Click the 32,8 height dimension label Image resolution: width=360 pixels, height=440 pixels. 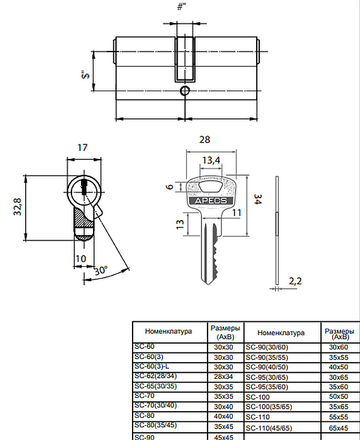pyautogui.click(x=18, y=207)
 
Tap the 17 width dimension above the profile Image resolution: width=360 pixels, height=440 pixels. pyautogui.click(x=83, y=147)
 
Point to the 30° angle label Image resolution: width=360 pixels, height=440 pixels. pyautogui.click(x=100, y=270)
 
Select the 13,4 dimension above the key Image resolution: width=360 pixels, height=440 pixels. pyautogui.click(x=211, y=160)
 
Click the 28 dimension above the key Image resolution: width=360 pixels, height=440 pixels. pyautogui.click(x=204, y=140)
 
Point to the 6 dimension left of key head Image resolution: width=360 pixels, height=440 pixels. pyautogui.click(x=170, y=187)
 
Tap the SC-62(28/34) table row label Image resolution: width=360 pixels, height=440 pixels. pyautogui.click(x=154, y=376)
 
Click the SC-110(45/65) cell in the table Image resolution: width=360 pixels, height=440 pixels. pyautogui.click(x=268, y=428)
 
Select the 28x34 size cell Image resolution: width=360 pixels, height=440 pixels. pyautogui.click(x=224, y=376)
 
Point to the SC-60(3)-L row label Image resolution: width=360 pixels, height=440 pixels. pyautogui.click(x=152, y=366)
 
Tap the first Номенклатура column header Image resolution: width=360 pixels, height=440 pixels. pyautogui.click(x=167, y=331)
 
